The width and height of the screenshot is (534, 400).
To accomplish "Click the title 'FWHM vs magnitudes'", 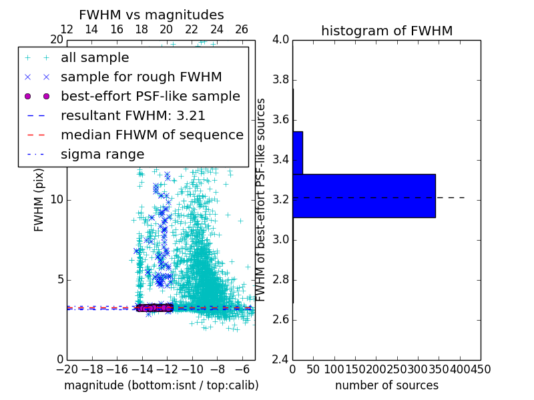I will tap(152, 15).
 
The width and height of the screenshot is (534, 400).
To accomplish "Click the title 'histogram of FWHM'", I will tap(386, 31).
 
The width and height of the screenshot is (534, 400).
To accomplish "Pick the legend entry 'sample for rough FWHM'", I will tap(141, 77).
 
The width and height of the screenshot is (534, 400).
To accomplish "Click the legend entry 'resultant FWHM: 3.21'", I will tap(133, 115).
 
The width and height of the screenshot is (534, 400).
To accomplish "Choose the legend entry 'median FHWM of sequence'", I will tap(152, 135).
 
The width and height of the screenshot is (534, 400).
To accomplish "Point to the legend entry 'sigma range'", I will tap(102, 154).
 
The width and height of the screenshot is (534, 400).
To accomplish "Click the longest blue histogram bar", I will tap(364, 195).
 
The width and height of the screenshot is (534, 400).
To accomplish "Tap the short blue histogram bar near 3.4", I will tap(298, 153).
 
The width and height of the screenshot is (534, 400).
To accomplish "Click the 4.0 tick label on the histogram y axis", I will tap(280, 40).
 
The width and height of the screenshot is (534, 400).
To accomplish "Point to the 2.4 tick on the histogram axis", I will tap(280, 359).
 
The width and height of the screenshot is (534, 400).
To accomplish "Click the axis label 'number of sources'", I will tap(386, 385).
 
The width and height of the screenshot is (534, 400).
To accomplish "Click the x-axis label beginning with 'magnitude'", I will tap(161, 385).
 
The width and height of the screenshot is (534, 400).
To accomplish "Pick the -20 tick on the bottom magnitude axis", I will tap(67, 369).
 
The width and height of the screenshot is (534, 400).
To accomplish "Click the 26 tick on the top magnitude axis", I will tap(242, 29).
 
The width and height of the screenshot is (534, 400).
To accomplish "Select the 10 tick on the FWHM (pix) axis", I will tap(56, 199).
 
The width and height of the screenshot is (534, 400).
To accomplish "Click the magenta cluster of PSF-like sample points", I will tap(154, 307).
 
